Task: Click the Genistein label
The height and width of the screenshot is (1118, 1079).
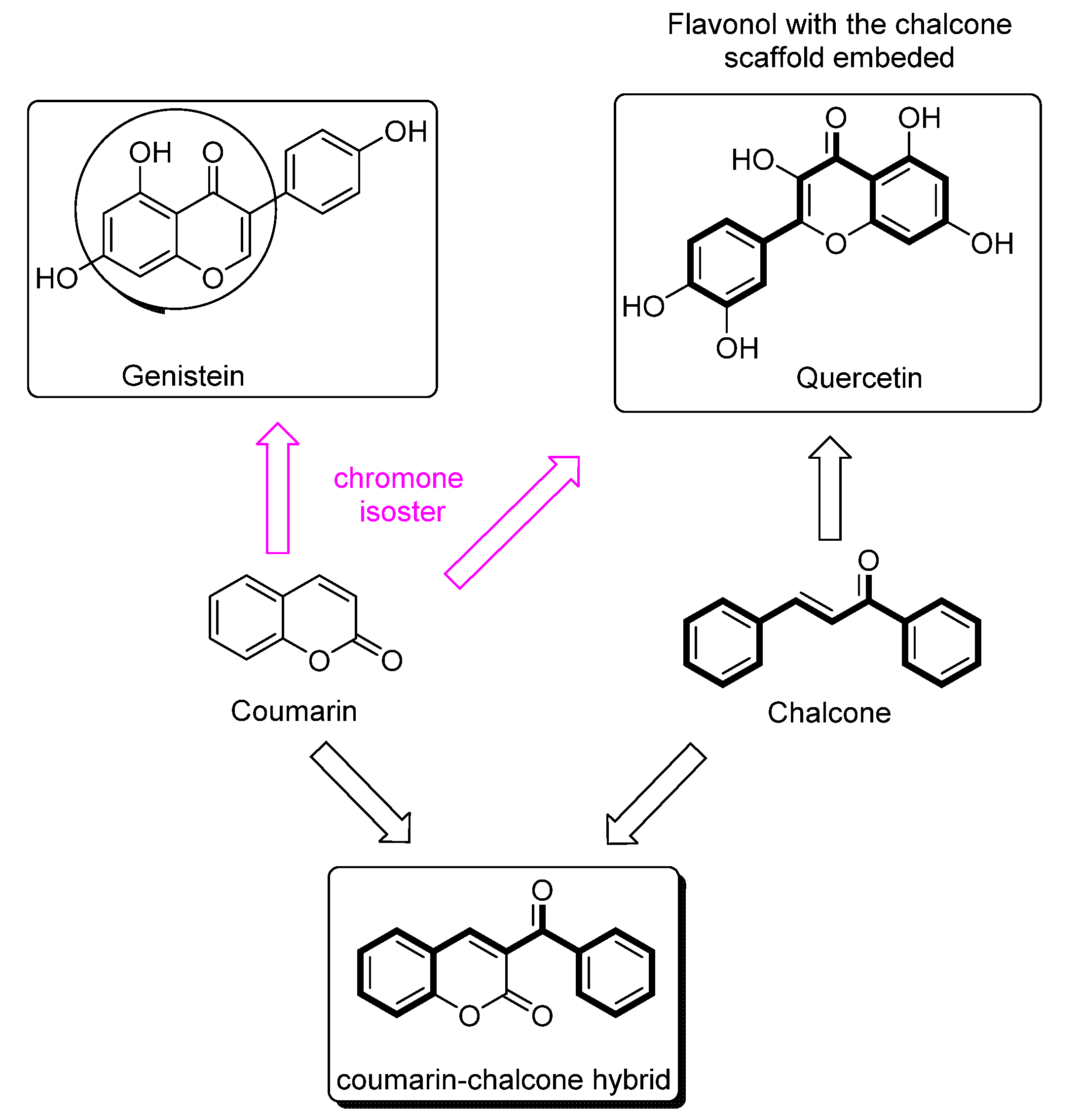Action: pyautogui.click(x=183, y=376)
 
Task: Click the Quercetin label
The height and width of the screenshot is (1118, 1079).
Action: pyautogui.click(x=858, y=378)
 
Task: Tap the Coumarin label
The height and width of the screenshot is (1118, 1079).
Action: pyautogui.click(x=294, y=711)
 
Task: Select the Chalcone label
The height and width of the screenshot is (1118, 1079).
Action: pyautogui.click(x=829, y=713)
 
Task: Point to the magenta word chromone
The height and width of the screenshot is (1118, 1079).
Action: pyautogui.click(x=398, y=478)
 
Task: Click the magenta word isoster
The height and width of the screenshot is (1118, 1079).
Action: pyautogui.click(x=402, y=512)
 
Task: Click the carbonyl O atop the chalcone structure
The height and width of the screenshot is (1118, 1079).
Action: pyautogui.click(x=868, y=560)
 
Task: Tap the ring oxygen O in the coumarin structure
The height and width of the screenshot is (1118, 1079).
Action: pyautogui.click(x=319, y=661)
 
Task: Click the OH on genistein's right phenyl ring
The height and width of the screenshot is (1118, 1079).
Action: pyautogui.click(x=405, y=132)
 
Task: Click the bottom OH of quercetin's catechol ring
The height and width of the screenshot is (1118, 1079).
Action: pyautogui.click(x=737, y=349)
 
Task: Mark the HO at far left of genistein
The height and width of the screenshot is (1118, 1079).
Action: pyautogui.click(x=56, y=279)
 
